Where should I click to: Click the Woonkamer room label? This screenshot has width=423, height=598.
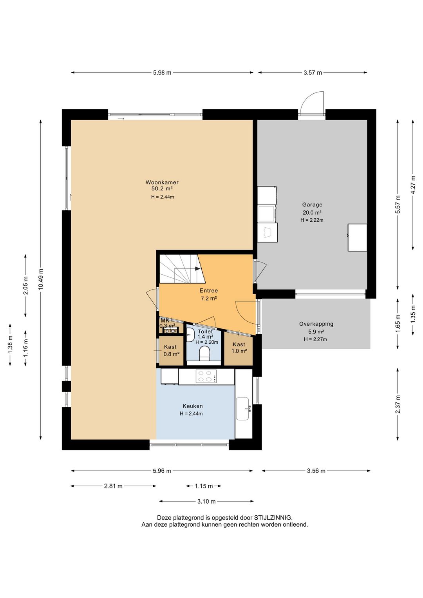click(x=162, y=182)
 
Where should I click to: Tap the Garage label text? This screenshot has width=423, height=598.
click(x=312, y=205)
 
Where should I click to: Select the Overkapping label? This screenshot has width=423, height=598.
click(x=316, y=324)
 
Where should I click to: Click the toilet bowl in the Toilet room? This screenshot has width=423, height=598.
click(x=204, y=353)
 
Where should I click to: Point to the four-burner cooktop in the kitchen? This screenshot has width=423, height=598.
click(x=206, y=376)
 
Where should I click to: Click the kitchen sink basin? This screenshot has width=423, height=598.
click(x=242, y=408)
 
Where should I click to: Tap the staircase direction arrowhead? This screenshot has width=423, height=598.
click(x=197, y=269)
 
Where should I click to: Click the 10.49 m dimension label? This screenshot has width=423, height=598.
click(x=41, y=279)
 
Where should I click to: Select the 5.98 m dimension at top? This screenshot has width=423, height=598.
click(x=162, y=72)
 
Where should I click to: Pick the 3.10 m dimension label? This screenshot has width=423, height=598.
click(x=206, y=501)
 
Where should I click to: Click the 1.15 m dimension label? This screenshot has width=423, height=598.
click(x=204, y=486)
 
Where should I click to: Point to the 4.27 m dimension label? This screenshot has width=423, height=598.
click(x=413, y=185)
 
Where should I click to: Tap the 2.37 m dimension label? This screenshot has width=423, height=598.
click(x=398, y=404)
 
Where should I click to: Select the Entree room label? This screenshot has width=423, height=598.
click(x=209, y=290)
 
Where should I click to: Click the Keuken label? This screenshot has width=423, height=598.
click(x=193, y=406)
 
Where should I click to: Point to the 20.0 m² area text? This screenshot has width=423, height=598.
click(x=312, y=212)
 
